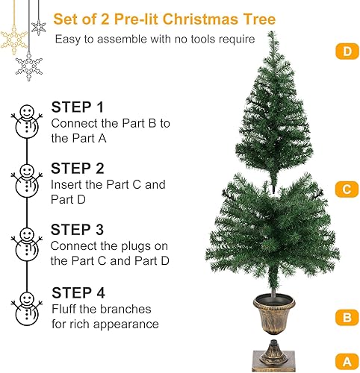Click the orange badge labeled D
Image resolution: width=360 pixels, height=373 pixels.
(x=346, y=51)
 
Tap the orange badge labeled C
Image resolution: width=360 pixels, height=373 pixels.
(x=346, y=189)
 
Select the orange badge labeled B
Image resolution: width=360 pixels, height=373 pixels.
(x=346, y=317)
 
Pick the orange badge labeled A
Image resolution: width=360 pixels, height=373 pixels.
(x=346, y=362)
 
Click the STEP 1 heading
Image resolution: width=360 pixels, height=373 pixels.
(x=77, y=107)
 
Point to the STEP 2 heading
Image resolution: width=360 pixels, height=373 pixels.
(x=77, y=169)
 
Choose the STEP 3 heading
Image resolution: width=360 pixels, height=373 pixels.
(x=77, y=230)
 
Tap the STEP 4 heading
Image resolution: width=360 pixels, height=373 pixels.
(x=78, y=292)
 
